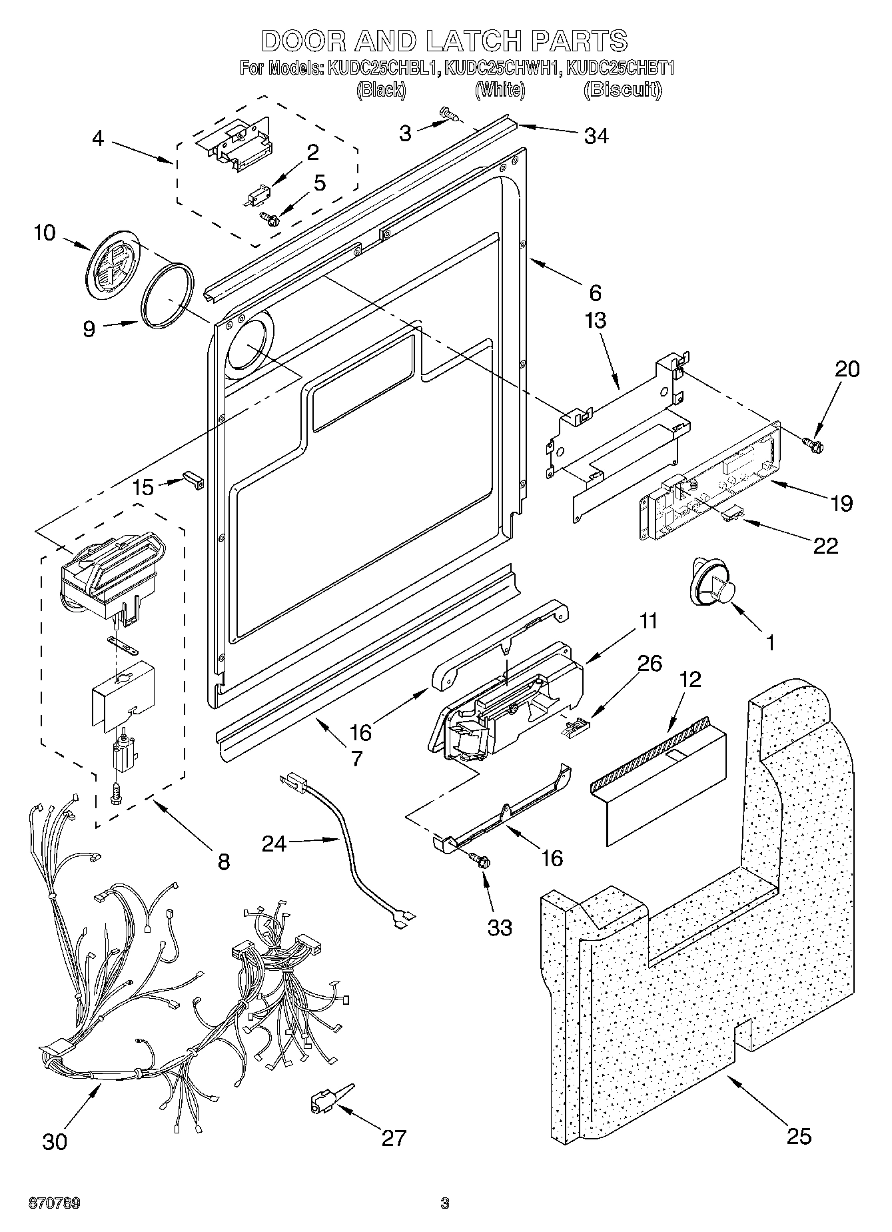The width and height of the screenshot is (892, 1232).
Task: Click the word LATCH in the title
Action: click(471, 41)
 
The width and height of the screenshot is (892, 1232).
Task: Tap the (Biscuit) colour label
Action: click(622, 90)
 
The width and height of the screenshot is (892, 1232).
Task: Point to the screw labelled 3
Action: click(450, 117)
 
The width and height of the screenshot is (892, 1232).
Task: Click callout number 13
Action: click(595, 320)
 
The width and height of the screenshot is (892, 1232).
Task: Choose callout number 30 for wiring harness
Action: click(55, 1141)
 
